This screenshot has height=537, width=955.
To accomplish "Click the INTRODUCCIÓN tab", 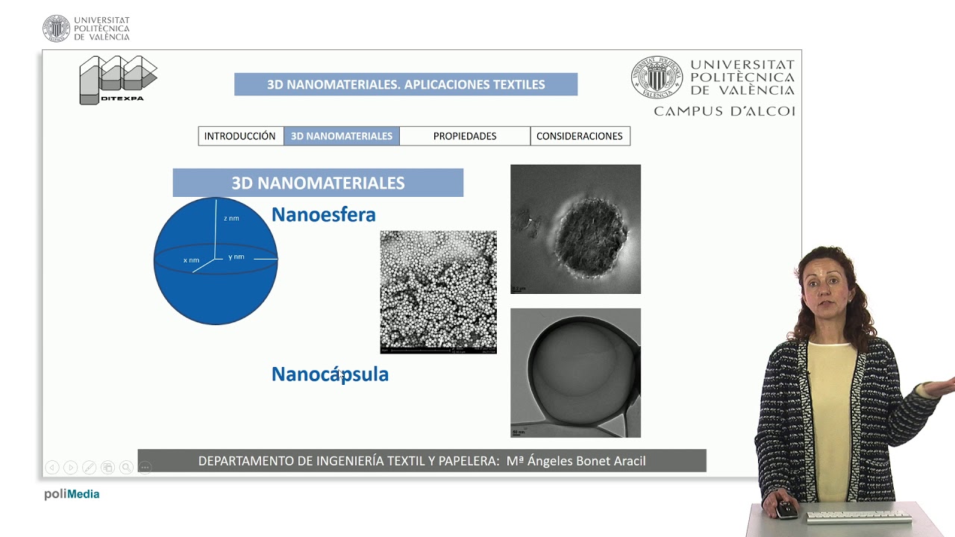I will click(x=240, y=136).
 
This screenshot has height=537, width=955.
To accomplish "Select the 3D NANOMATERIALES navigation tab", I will click(x=342, y=136).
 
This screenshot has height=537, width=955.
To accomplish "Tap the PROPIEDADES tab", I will click(x=465, y=136).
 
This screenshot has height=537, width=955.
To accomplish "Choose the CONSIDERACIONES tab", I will click(x=580, y=136).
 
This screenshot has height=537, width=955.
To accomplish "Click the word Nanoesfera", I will click(x=323, y=215).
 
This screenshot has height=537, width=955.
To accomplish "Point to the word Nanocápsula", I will click(x=330, y=374).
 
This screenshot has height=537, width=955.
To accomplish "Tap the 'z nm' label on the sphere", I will click(x=231, y=219).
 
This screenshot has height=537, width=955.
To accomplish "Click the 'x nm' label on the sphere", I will click(x=192, y=260).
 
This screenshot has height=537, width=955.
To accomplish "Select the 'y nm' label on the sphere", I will click(x=237, y=257).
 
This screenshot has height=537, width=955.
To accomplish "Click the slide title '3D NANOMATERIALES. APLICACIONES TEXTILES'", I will click(x=406, y=84).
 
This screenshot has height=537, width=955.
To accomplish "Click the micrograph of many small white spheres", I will click(x=438, y=292).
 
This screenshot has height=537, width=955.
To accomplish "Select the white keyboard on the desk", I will click(x=858, y=516).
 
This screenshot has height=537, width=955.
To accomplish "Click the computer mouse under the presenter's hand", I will click(x=786, y=511).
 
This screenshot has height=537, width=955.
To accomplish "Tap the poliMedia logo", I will click(x=72, y=494).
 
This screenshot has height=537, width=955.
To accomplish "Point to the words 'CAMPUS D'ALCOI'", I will click(x=724, y=111).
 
